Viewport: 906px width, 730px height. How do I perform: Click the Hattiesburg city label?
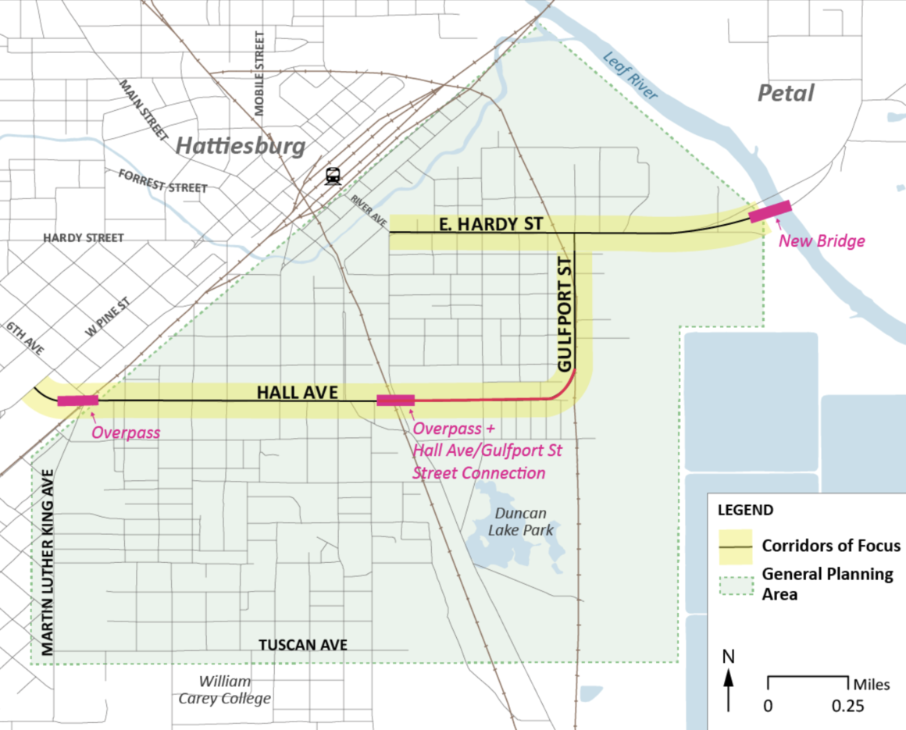click(x=239, y=145)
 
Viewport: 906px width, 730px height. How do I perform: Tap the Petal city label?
click(x=786, y=94)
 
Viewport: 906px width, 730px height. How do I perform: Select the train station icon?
click(x=334, y=176)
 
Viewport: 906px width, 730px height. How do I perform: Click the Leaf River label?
click(x=631, y=77)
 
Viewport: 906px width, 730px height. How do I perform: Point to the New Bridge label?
click(x=822, y=240)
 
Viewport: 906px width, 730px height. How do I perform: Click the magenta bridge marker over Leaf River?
click(x=770, y=211)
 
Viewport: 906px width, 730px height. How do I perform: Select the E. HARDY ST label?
click(x=490, y=225)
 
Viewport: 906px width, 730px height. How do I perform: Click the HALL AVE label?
click(x=298, y=392)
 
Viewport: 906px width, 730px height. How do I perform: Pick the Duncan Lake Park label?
click(x=520, y=522)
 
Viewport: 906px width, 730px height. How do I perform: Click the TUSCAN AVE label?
click(x=303, y=645)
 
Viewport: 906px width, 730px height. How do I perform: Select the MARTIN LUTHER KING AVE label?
click(x=48, y=562)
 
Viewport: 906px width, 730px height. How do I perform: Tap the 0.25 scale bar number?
click(x=848, y=706)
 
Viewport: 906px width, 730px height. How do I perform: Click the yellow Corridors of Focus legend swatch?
click(x=735, y=546)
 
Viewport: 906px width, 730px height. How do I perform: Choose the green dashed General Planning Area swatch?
click(x=735, y=583)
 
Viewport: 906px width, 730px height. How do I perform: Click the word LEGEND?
click(x=745, y=511)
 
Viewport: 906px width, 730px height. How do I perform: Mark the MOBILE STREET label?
click(x=259, y=74)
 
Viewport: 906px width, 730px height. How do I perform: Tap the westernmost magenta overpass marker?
click(x=78, y=401)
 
